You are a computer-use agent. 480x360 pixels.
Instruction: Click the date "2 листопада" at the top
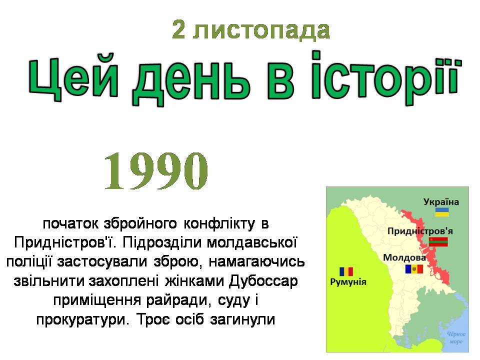tap(251, 29)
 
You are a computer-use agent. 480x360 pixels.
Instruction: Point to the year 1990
tap(156, 171)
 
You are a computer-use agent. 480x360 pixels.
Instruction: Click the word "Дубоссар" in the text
tap(263, 280)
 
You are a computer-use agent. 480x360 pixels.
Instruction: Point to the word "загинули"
tap(242, 319)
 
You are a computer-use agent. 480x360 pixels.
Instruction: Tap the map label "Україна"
tap(441, 202)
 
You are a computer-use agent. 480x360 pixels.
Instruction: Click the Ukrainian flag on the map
tap(442, 212)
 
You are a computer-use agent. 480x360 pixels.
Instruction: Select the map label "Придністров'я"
tap(420, 231)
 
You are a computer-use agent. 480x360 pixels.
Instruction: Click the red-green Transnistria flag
tap(438, 242)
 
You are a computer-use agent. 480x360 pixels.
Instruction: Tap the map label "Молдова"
tap(404, 258)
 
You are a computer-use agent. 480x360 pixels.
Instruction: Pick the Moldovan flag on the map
tap(414, 269)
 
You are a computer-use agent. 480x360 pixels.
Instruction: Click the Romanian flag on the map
tap(346, 271)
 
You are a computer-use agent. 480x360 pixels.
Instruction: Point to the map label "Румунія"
tap(348, 281)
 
